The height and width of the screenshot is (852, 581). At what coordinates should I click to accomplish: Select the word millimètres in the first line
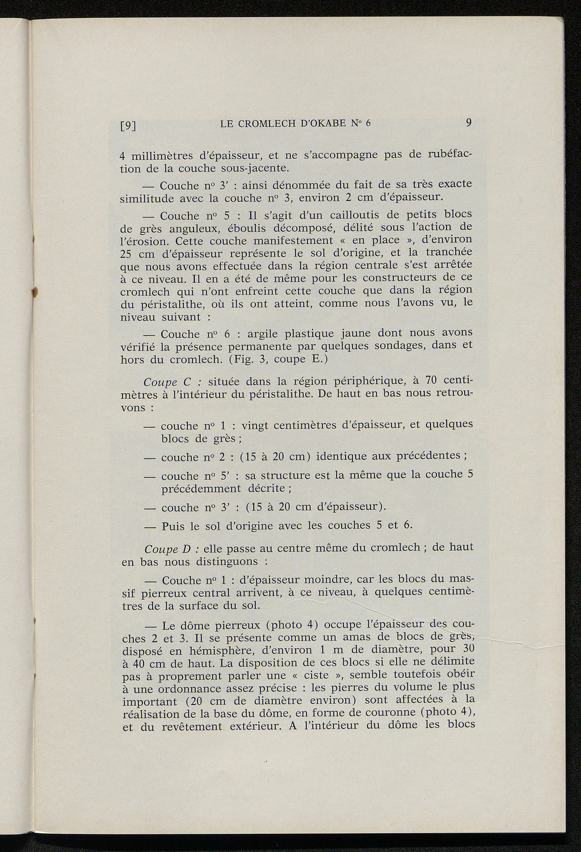click(159, 155)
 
